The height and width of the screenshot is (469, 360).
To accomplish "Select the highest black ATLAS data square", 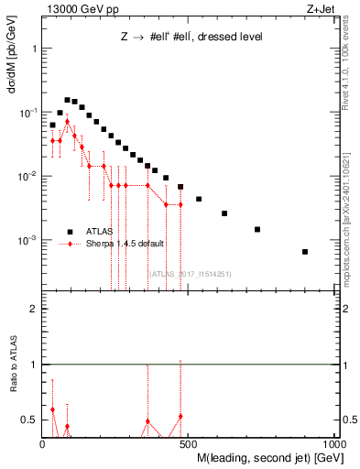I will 67,100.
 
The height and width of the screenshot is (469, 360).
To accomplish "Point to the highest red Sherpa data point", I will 67,121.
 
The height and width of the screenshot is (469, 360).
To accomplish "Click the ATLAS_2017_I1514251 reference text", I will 191,274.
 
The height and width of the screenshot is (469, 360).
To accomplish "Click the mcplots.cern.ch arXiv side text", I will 350,206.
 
